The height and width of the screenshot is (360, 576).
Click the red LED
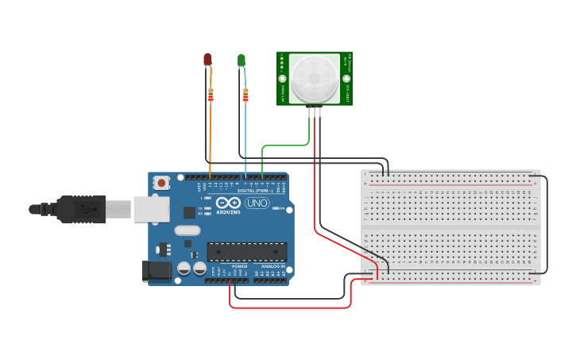pyautogui.click(x=207, y=60)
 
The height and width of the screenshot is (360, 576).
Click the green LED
pyautogui.click(x=242, y=60)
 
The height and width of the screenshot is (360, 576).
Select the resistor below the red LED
pyautogui.click(x=211, y=95)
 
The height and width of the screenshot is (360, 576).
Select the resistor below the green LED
pyautogui.click(x=245, y=95)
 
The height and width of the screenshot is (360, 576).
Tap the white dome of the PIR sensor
pyautogui.click(x=314, y=79)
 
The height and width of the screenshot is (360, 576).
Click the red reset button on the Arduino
pyautogui.click(x=162, y=183)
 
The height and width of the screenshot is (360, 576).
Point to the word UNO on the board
pyautogui.click(x=257, y=203)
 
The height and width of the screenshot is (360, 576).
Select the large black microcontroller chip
pyautogui.click(x=247, y=252)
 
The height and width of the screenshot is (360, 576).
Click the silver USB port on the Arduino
pyautogui.click(x=151, y=209)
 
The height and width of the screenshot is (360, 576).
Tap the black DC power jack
pyautogui.click(x=155, y=271)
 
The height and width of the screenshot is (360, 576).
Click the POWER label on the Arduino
pyautogui.click(x=239, y=266)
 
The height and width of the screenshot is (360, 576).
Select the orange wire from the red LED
pyautogui.click(x=210, y=135)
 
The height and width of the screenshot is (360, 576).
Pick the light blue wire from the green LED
pyautogui.click(x=245, y=135)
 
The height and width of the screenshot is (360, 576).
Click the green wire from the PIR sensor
pyautogui.click(x=286, y=145)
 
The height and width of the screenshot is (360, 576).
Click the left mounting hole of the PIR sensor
pyautogui.click(x=282, y=78)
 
